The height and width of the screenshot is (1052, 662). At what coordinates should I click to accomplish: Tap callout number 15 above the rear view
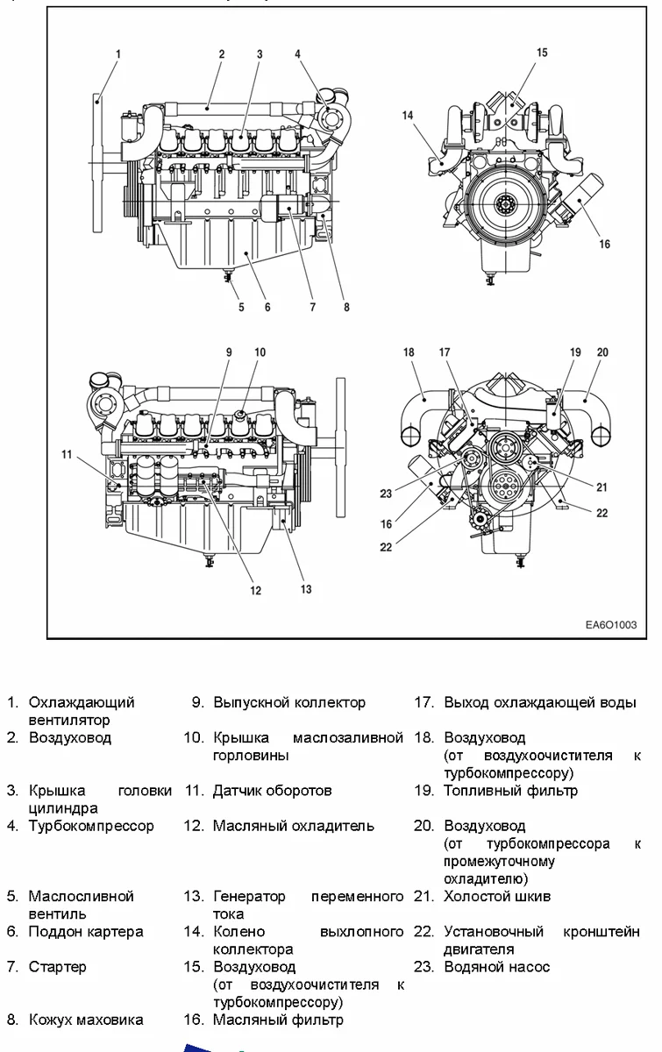click(542, 53)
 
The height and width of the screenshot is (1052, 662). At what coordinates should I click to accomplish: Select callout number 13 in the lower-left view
click(306, 589)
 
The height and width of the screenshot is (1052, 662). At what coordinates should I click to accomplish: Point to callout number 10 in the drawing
click(260, 352)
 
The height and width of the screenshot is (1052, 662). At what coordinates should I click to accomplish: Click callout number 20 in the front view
click(602, 352)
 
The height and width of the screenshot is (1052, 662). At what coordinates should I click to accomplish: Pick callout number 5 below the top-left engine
click(240, 307)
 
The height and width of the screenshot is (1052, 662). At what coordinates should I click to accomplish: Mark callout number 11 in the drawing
click(67, 453)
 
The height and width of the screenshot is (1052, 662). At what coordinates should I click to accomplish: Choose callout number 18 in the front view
click(409, 352)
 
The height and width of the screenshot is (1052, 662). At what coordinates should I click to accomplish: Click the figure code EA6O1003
click(610, 626)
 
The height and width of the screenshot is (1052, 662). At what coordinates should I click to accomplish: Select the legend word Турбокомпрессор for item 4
click(91, 826)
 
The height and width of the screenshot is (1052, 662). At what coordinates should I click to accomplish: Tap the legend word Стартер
click(58, 967)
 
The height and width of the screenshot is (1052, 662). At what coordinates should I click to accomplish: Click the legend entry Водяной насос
click(497, 967)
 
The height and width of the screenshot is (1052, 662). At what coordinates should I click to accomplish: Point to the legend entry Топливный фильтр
click(510, 791)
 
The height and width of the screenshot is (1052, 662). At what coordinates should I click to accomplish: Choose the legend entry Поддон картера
click(86, 931)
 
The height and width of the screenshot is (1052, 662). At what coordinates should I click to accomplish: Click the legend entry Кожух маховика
click(86, 1020)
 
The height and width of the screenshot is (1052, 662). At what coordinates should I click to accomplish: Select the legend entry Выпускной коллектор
click(289, 703)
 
